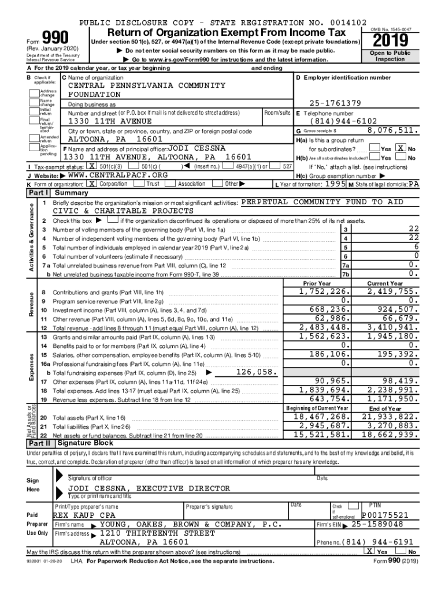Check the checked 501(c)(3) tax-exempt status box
pyautogui.click(x=91, y=166)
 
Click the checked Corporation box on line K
pyautogui.click(x=91, y=184)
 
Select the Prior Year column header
pyautogui.click(x=317, y=283)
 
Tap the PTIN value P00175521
pyautogui.click(x=385, y=515)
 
